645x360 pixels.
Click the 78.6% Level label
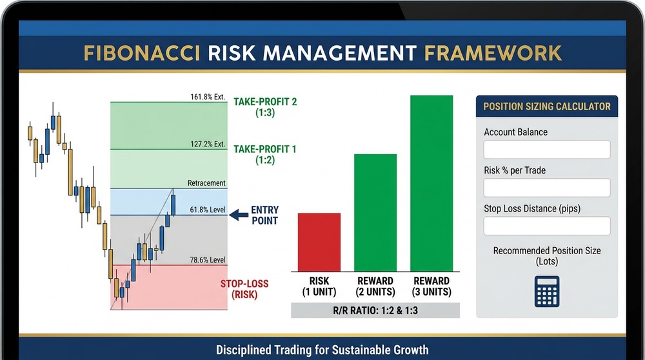pyautogui.click(x=206, y=260)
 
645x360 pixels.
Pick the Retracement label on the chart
pyautogui.click(x=206, y=183)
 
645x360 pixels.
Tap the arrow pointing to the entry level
pyautogui.click(x=239, y=215)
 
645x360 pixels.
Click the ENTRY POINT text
pyautogui.click(x=264, y=215)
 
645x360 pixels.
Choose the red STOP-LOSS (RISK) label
pyautogui.click(x=244, y=289)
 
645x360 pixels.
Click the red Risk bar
pyautogui.click(x=319, y=242)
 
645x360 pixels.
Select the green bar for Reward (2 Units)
pyautogui.click(x=375, y=212)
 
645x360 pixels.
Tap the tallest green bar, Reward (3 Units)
pyautogui.click(x=432, y=183)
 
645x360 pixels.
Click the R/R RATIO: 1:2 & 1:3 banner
pyautogui.click(x=375, y=310)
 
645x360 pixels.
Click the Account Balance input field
pyautogui.click(x=546, y=150)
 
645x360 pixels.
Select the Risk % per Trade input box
pyautogui.click(x=546, y=188)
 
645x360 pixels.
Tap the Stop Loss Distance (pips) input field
pyautogui.click(x=546, y=226)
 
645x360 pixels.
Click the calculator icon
pyautogui.click(x=546, y=291)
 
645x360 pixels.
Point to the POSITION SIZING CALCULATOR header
pyautogui.click(x=546, y=106)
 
